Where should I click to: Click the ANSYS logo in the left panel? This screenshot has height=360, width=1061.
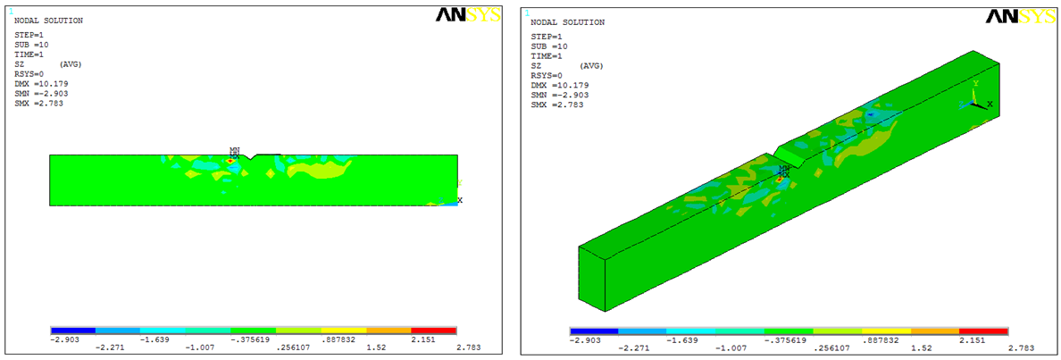click(x=468, y=15)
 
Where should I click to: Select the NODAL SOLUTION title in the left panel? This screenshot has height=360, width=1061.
click(x=49, y=21)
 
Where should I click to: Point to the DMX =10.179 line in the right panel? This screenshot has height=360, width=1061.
click(x=560, y=85)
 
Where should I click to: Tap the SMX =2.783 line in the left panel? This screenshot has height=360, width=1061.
click(x=38, y=104)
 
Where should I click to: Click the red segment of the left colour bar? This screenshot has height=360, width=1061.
click(x=434, y=331)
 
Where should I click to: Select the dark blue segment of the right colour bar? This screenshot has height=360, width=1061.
click(x=594, y=331)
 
